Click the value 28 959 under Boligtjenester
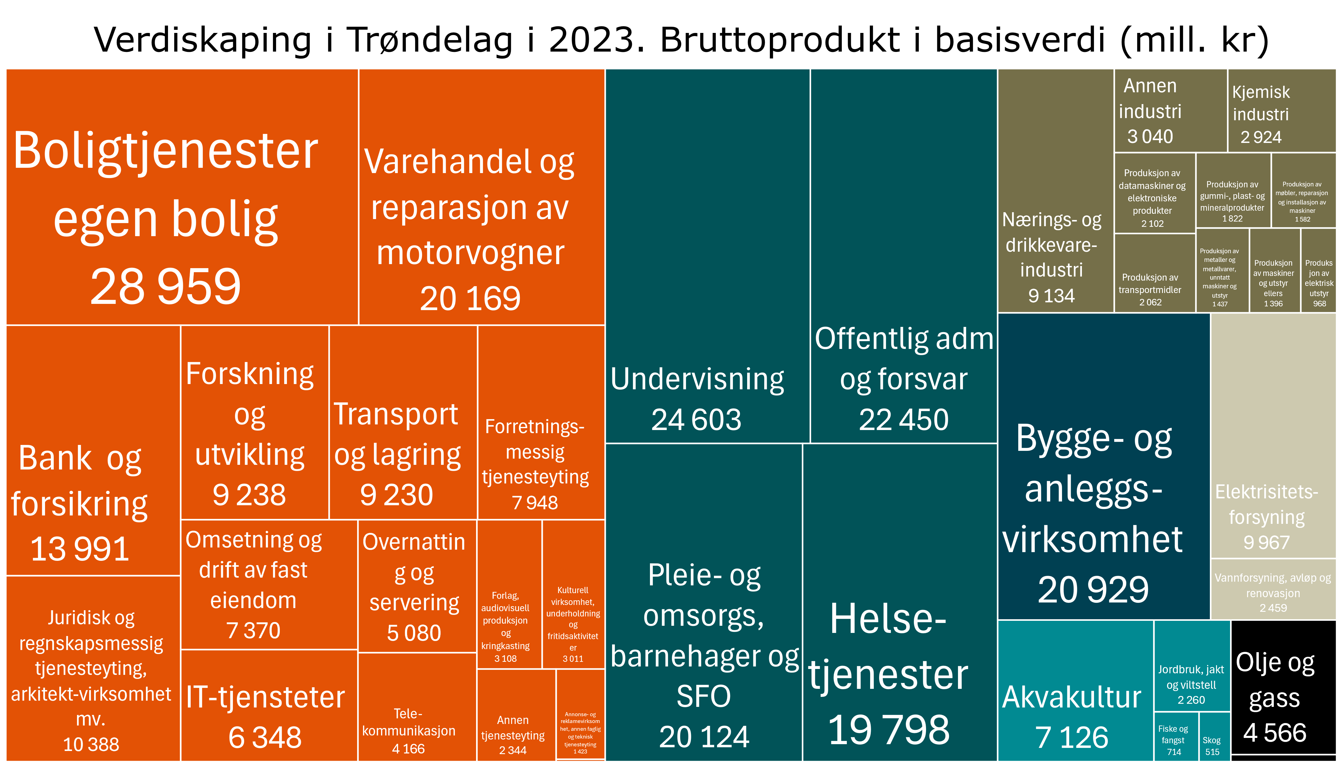point(165,287)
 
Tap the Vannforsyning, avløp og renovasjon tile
point(1273,592)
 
